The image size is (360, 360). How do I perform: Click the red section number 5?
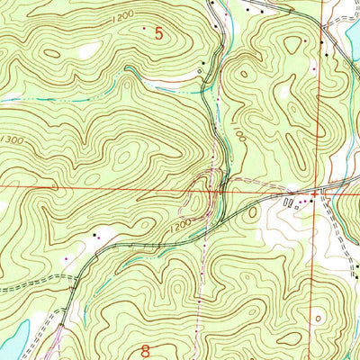[159, 34]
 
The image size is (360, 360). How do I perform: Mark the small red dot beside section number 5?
[143, 29]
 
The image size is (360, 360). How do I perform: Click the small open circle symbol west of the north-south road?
[202, 63]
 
